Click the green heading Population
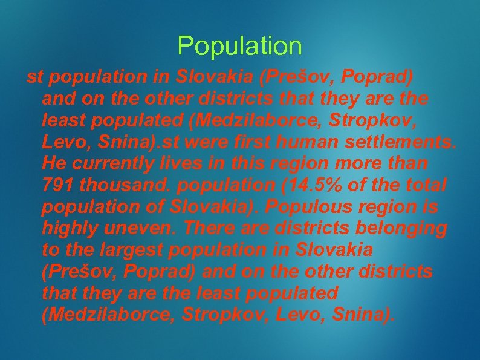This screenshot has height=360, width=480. point(239,46)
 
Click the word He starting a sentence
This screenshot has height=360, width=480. point(53,163)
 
